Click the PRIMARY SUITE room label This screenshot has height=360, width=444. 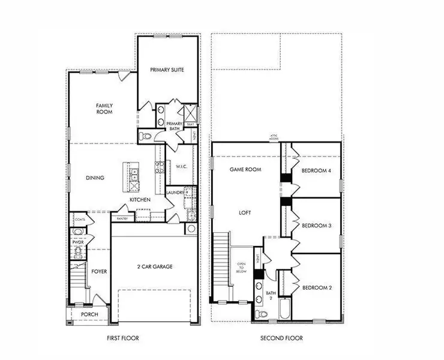coord(167,70)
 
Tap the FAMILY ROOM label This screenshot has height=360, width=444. coord(105,109)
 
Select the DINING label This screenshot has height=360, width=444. coord(95,178)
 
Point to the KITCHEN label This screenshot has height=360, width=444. coord(140,199)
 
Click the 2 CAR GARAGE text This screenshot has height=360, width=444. coord(155,266)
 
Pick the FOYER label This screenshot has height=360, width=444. coord(99,272)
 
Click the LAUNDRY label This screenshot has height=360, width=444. coord(175,193)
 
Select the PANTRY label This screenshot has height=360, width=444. coord(122,219)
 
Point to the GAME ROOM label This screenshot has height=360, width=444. coord(246,170)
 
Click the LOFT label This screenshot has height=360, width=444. coord(244,212)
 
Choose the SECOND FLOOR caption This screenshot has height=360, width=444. coord(281,338)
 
